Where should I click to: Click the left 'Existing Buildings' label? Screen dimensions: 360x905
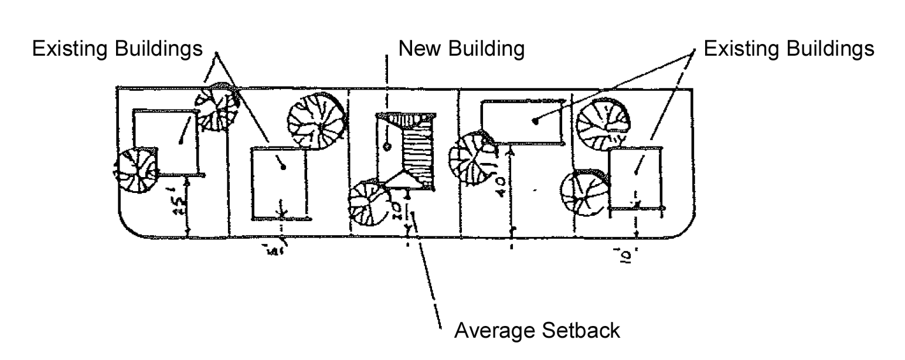click(117, 49)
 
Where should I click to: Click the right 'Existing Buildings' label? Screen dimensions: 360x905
click(788, 49)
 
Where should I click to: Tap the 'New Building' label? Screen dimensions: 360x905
click(461, 49)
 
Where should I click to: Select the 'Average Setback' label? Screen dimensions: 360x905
click(537, 331)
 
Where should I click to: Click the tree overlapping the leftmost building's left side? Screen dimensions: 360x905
click(137, 170)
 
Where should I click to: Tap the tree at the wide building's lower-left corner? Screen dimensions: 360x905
click(471, 157)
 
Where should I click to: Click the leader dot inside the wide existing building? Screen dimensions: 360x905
click(536, 121)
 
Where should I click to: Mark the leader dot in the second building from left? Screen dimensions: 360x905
click(284, 167)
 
